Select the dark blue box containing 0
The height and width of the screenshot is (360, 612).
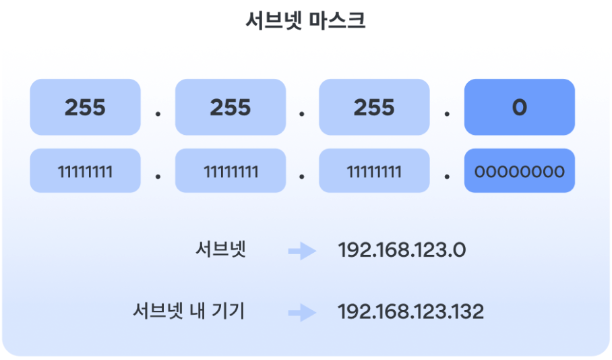pos(519,107)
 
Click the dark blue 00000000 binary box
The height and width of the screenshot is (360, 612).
pos(519,171)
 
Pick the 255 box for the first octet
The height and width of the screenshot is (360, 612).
pos(85,107)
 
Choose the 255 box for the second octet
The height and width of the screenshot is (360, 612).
pos(230,107)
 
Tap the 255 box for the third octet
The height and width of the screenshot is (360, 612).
pos(374,107)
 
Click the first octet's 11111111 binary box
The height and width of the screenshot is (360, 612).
pos(85,171)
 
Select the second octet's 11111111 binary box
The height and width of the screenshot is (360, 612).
pos(230,171)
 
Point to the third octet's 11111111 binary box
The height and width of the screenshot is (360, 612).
pos(374,171)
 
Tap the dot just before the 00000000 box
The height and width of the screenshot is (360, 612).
pos(447,177)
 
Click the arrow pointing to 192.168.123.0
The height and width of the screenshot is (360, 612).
pos(302,251)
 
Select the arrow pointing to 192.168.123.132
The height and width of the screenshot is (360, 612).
pos(302,312)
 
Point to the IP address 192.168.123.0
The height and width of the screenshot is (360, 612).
pos(402,251)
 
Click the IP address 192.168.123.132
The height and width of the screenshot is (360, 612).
pos(410,311)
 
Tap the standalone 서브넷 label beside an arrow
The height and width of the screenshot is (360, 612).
pos(220,250)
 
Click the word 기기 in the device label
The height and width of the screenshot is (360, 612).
pos(231,311)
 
